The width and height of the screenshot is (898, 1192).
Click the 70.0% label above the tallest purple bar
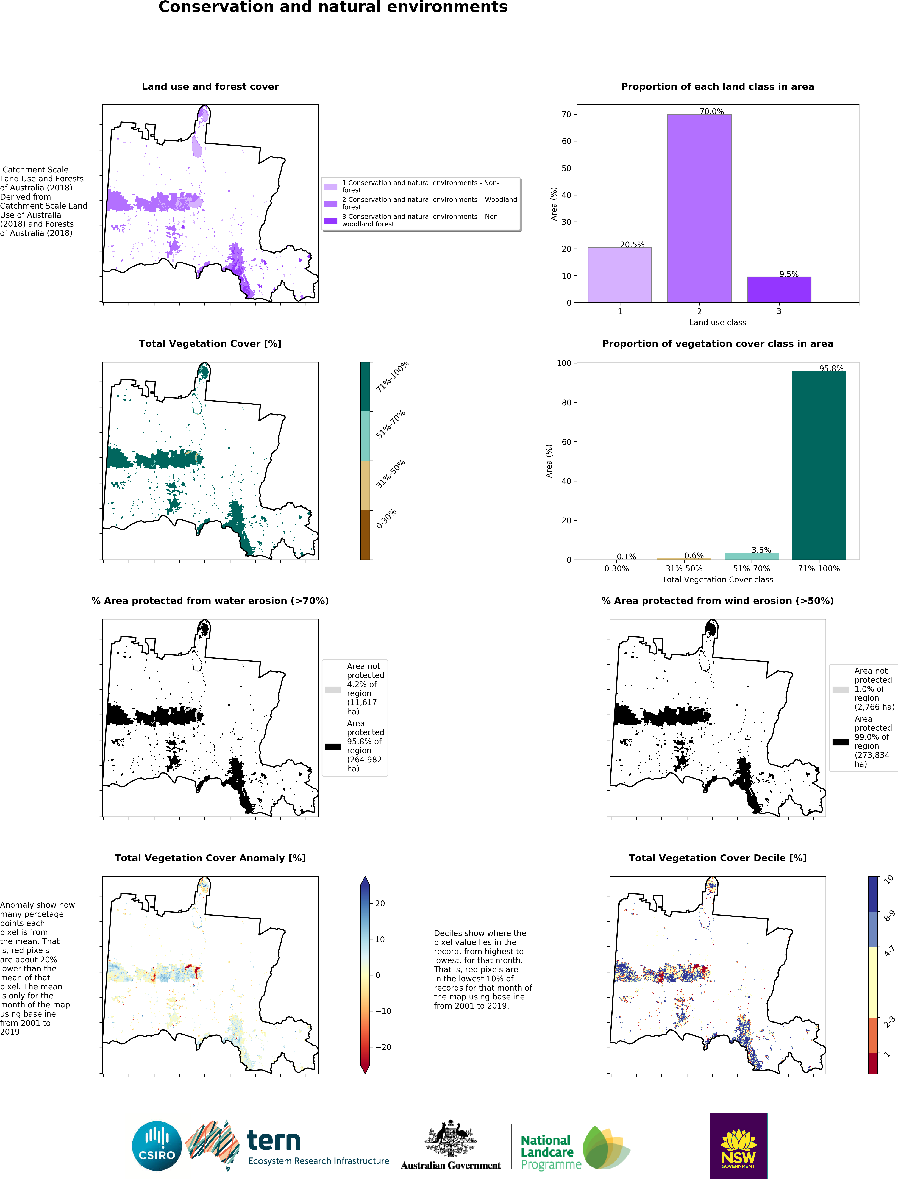pyautogui.click(x=711, y=112)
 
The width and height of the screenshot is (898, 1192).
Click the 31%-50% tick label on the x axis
pyautogui.click(x=683, y=568)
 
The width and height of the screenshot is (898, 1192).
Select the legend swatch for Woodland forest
pyautogui.click(x=330, y=204)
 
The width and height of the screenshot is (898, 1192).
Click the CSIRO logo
pyautogui.click(x=157, y=1146)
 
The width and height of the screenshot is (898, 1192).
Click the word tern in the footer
pyautogui.click(x=273, y=1141)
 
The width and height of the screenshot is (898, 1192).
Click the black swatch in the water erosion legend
pyautogui.click(x=332, y=746)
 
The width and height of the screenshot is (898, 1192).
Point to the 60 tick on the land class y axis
pyautogui.click(x=566, y=141)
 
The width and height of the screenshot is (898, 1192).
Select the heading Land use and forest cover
pyautogui.click(x=210, y=87)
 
